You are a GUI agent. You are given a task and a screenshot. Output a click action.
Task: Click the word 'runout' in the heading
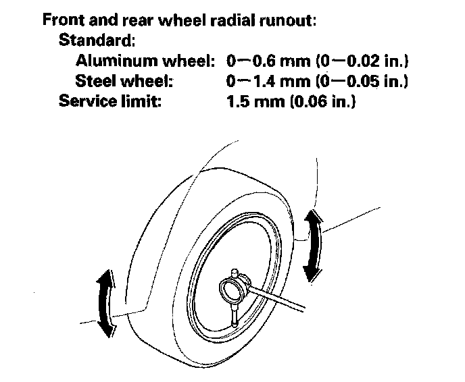[289, 20]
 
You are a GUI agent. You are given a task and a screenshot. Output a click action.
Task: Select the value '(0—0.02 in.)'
[357, 61]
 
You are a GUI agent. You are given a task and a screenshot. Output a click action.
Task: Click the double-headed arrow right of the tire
[312, 244]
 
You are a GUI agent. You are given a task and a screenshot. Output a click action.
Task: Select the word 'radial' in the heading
[237, 20]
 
